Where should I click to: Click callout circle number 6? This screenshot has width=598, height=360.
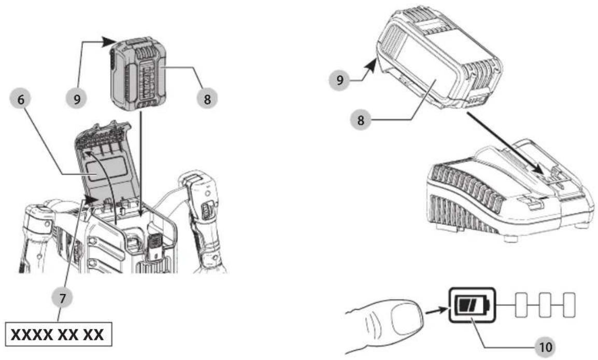tap(21, 99)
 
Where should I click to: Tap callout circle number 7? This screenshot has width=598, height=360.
tap(62, 297)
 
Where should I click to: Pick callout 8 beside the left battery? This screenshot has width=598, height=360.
tap(207, 99)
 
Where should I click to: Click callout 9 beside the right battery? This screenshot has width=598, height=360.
tap(339, 80)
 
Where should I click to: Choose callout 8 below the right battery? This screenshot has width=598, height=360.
tap(360, 120)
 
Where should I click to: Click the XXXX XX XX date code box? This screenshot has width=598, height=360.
tap(59, 334)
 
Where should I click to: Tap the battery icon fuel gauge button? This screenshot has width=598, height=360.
tap(472, 305)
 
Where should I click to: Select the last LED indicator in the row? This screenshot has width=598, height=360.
tap(569, 305)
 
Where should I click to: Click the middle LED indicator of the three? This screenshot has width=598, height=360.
tap(545, 305)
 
